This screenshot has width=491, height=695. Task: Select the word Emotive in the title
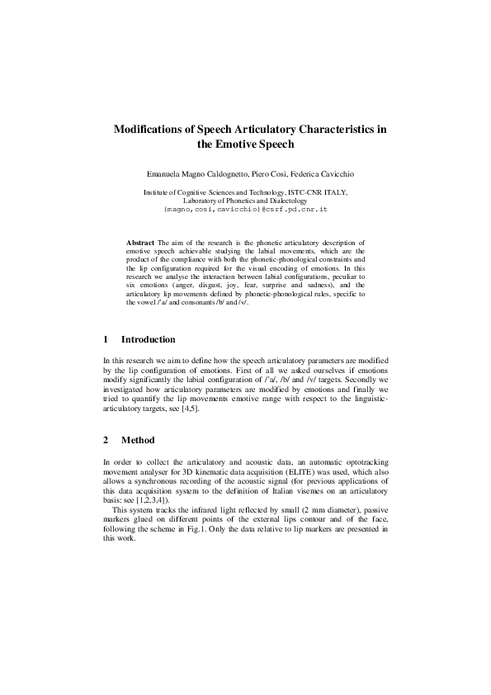point(248,144)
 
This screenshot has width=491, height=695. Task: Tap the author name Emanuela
point(168,176)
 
